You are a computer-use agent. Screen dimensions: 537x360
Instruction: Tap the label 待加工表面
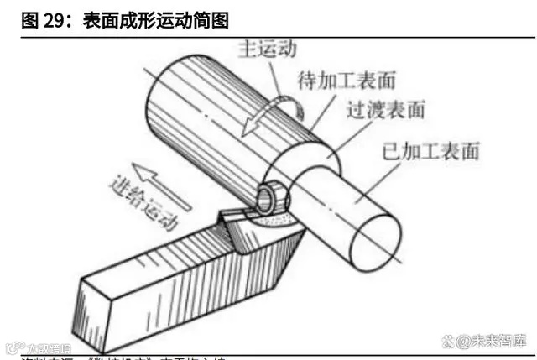click(347, 81)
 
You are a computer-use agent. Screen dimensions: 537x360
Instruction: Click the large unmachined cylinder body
click(218, 109)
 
